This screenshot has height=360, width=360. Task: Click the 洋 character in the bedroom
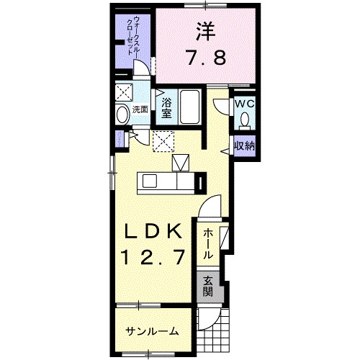point(206,31)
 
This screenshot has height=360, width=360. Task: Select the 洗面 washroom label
point(140,110)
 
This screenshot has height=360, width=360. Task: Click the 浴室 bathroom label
point(166,107)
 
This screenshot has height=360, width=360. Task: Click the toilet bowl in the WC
point(245,120)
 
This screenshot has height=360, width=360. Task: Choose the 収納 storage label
point(244,146)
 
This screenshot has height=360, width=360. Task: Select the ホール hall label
point(207,243)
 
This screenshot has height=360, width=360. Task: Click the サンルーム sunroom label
point(152,331)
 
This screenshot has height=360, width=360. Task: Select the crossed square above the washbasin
point(123,92)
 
